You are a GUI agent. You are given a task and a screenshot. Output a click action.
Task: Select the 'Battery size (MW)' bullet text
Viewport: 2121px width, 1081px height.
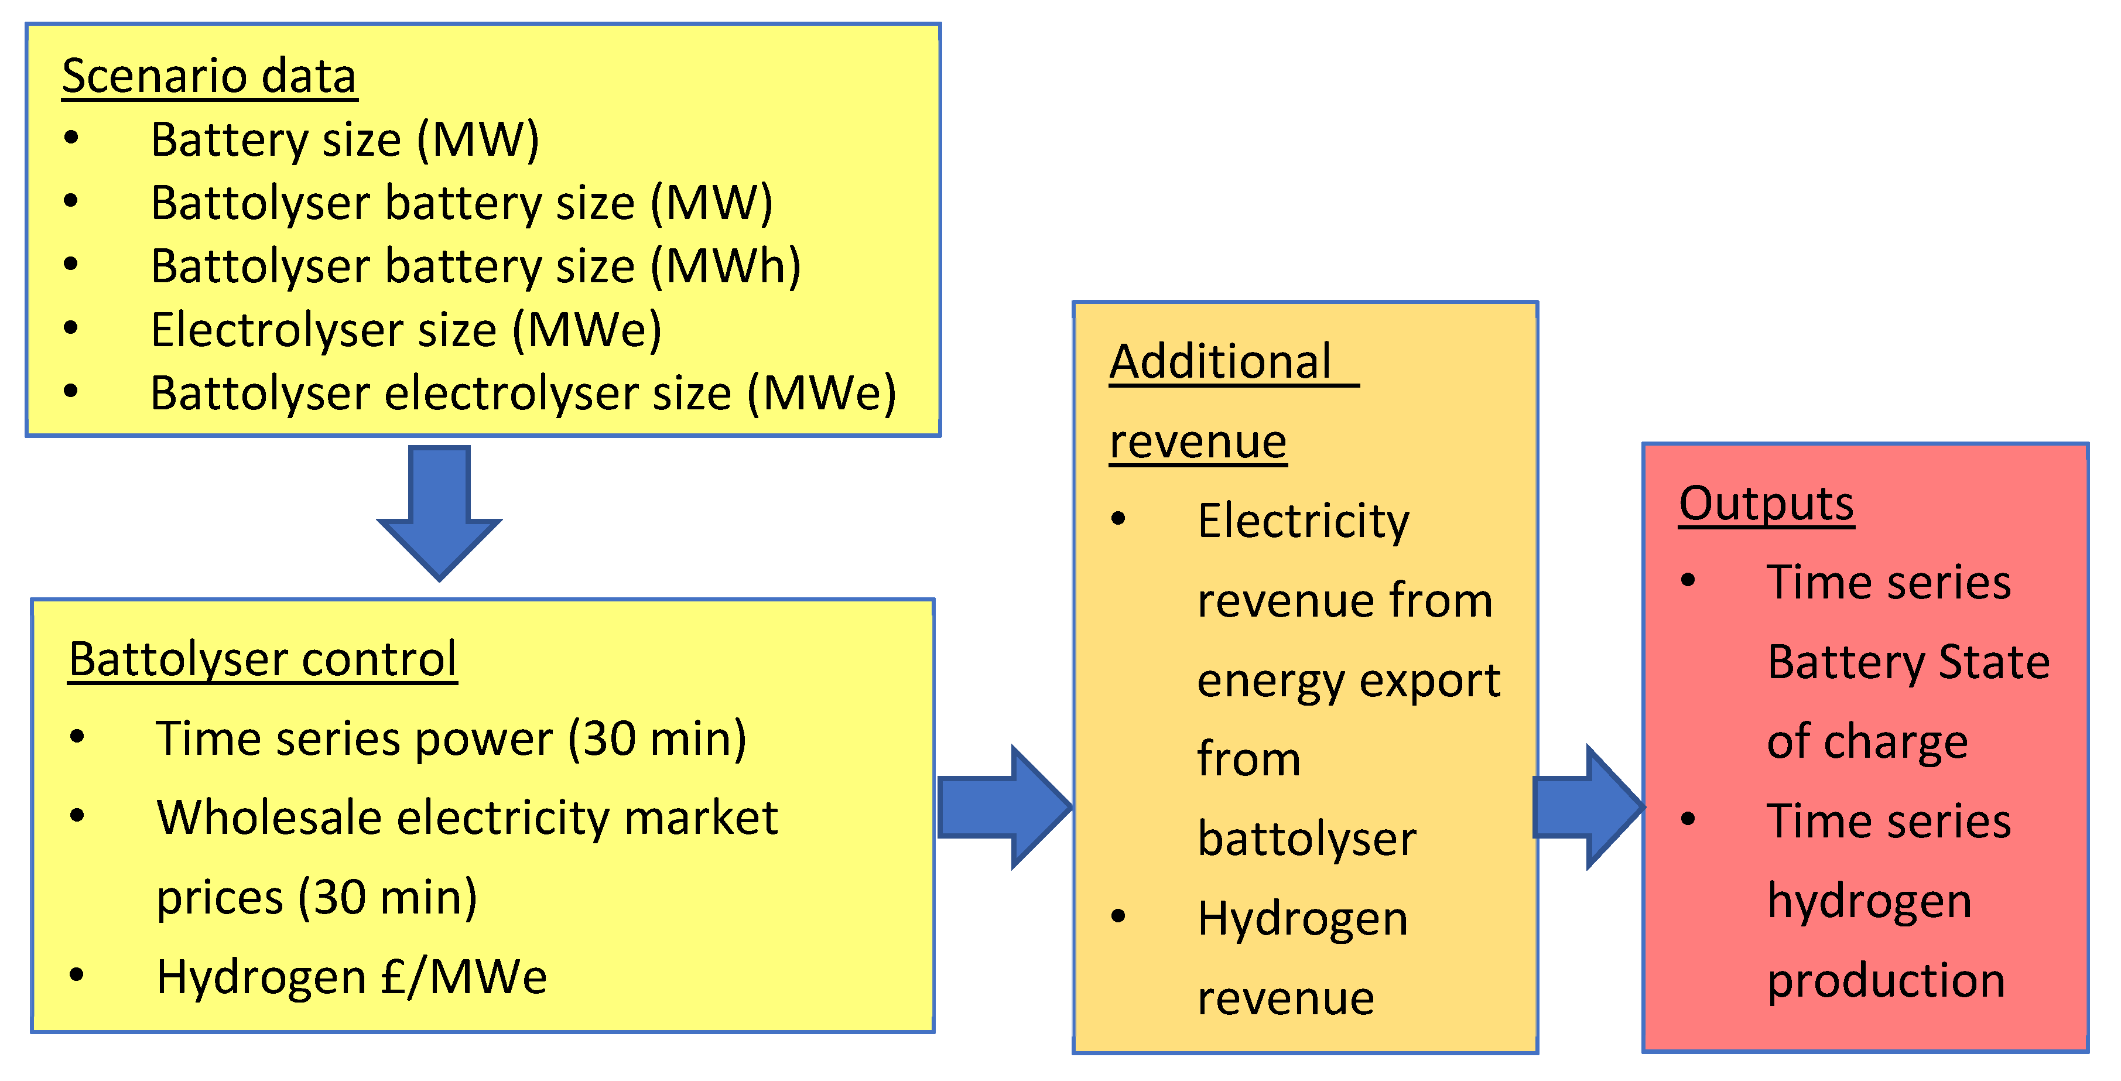point(345,139)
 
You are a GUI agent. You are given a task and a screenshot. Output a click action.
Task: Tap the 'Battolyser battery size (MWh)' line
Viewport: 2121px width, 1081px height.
point(475,267)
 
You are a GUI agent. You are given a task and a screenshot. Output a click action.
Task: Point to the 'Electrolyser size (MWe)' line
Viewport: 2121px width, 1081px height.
point(406,330)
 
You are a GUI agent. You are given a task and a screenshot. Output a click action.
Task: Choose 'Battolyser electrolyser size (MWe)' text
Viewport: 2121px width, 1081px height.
point(523,394)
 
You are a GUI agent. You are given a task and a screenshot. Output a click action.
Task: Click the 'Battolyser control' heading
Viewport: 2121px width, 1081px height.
point(263,659)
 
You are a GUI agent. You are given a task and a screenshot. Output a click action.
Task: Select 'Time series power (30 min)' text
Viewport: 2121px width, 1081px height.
point(451,738)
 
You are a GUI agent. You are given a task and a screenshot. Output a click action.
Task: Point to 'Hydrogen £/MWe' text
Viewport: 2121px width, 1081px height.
point(351,977)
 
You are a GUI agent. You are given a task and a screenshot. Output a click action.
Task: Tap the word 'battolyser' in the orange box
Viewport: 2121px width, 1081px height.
point(1306,839)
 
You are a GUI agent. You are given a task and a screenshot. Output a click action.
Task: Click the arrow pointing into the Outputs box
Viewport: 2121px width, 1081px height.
point(1588,807)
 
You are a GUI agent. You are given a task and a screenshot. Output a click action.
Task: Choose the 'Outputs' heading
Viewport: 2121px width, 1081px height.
point(1766,503)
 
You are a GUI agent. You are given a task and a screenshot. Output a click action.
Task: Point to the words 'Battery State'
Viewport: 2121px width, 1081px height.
point(1908,662)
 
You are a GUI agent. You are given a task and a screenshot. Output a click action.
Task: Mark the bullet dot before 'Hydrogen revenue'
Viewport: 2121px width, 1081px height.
point(1118,916)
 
